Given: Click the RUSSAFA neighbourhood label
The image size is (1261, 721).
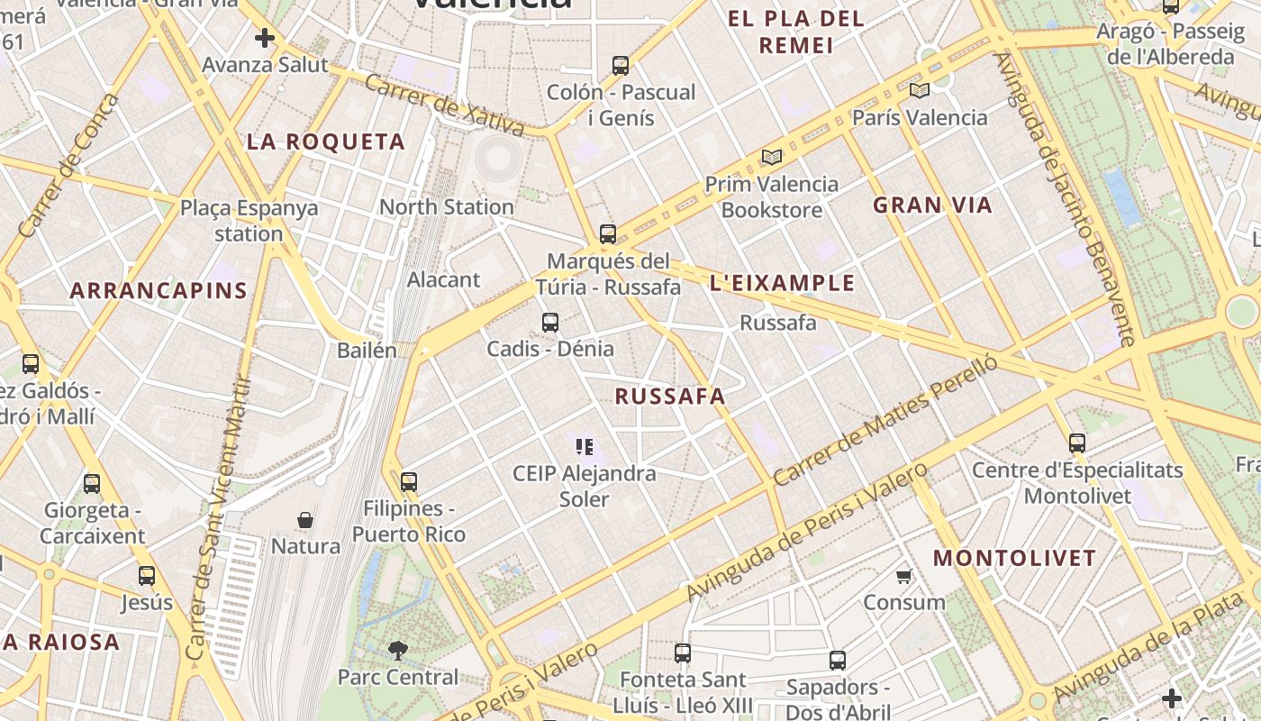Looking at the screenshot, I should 670,396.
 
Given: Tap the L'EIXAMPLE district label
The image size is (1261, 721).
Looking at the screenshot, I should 782,283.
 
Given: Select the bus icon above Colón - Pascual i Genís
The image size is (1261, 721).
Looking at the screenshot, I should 621,65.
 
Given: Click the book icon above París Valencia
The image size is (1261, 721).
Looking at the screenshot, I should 919,90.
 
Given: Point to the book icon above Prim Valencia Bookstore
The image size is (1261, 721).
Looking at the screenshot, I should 772,157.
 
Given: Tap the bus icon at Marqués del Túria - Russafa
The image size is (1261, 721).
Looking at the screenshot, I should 608,234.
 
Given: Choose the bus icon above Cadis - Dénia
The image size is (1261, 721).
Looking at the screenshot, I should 550,322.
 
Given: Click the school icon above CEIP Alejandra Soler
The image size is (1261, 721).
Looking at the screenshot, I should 584,446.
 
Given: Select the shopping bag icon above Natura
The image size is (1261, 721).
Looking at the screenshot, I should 305,520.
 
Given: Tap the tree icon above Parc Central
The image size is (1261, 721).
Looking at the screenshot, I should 397,650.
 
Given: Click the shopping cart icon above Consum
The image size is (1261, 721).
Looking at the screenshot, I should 904,576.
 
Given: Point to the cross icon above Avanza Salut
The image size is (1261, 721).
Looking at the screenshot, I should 264,38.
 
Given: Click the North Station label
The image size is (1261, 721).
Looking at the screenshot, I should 446,206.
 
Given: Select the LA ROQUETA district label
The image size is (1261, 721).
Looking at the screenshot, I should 326,141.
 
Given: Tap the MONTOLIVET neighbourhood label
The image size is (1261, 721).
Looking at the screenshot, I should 1014,558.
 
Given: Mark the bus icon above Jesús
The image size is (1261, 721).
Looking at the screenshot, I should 147,575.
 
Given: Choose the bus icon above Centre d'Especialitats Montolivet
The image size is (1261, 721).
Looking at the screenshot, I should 1077,443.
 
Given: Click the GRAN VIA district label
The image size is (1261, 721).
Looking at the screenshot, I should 932,205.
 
